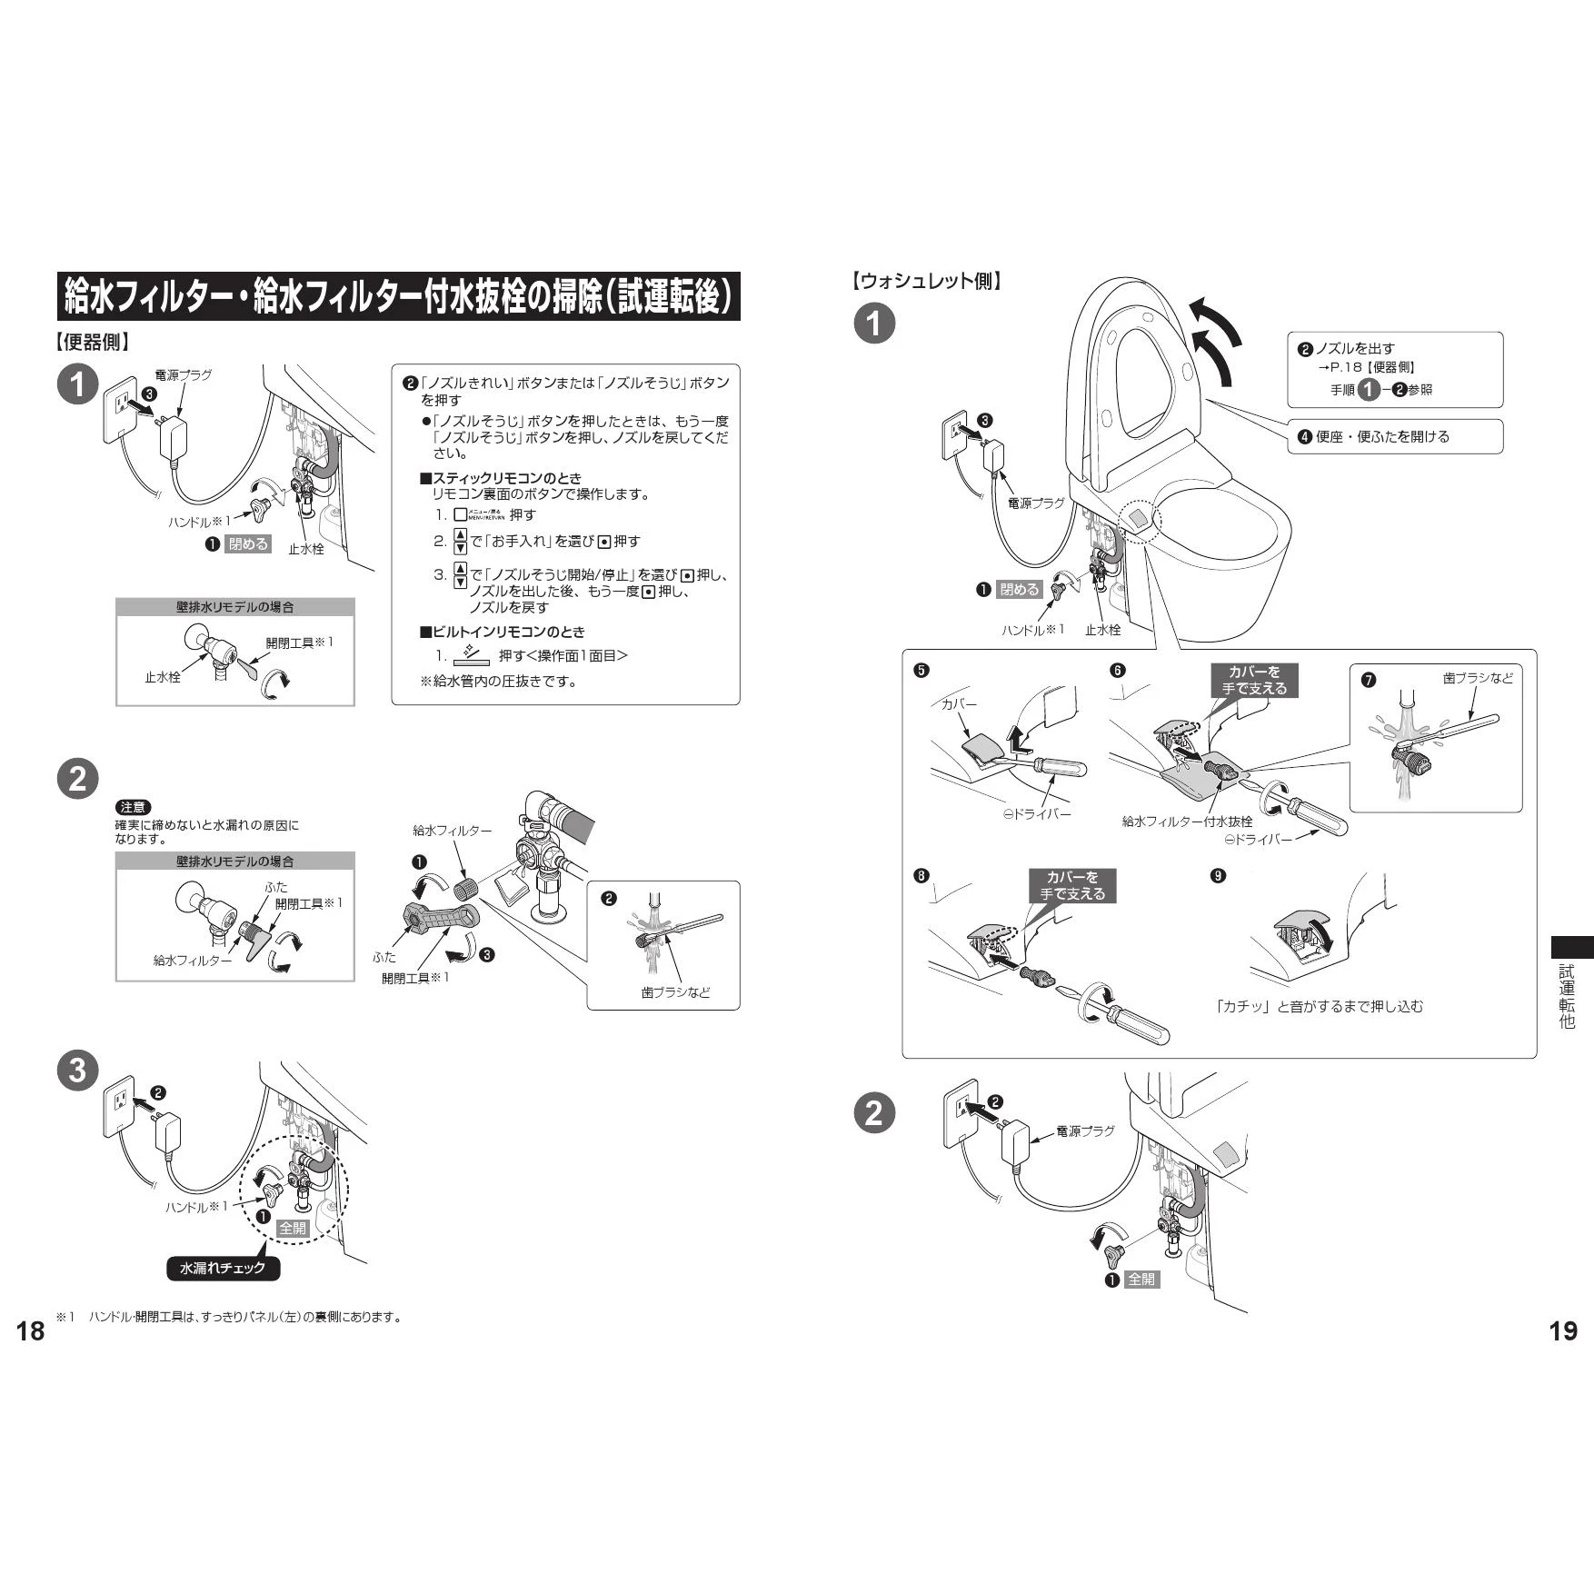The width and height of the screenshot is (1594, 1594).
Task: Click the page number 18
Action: pyautogui.click(x=30, y=1331)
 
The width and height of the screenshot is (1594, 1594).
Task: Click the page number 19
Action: pyautogui.click(x=1562, y=1331)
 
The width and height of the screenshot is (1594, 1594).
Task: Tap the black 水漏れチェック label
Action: pyautogui.click(x=224, y=1268)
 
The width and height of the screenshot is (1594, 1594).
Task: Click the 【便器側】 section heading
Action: pyautogui.click(x=93, y=343)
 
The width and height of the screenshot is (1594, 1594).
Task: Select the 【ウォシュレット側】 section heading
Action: pyautogui.click(x=928, y=281)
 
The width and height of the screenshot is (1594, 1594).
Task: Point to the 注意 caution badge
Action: pyautogui.click(x=134, y=807)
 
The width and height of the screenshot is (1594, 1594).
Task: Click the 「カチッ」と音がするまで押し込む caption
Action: pyautogui.click(x=1320, y=1006)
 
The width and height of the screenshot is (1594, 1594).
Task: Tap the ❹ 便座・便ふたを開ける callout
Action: pyautogui.click(x=1382, y=436)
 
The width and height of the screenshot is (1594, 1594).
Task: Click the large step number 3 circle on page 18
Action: pyautogui.click(x=77, y=1070)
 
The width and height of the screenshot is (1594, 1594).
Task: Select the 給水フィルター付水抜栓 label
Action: pyautogui.click(x=1187, y=822)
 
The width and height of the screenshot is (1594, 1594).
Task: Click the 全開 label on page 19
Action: pyautogui.click(x=1141, y=1279)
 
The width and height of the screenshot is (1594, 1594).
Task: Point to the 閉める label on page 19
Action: pyautogui.click(x=1019, y=589)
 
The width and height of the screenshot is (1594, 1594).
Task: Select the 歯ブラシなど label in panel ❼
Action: pyautogui.click(x=1478, y=678)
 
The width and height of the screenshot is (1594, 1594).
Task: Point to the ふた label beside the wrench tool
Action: pyautogui.click(x=384, y=957)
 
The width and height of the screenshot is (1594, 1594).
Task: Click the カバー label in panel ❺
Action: pyautogui.click(x=959, y=704)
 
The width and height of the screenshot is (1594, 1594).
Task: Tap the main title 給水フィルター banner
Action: pyautogui.click(x=398, y=296)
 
